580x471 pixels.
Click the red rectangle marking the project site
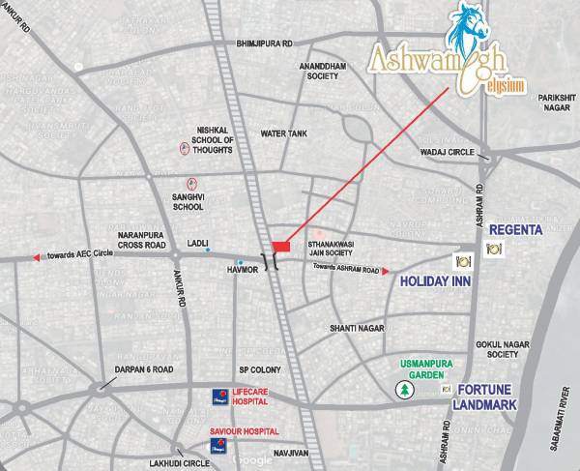coord(280,247)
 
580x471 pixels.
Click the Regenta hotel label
coord(523,230)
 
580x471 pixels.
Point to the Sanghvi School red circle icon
coord(191,183)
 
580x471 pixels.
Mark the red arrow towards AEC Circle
coord(37,257)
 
